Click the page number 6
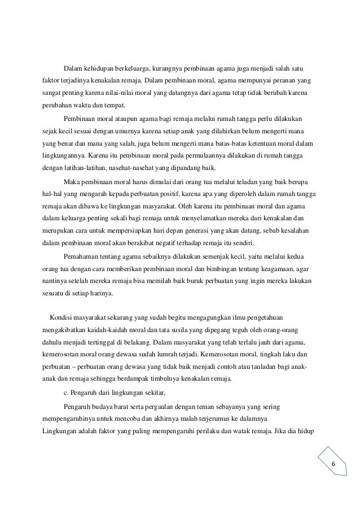point(333,464)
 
